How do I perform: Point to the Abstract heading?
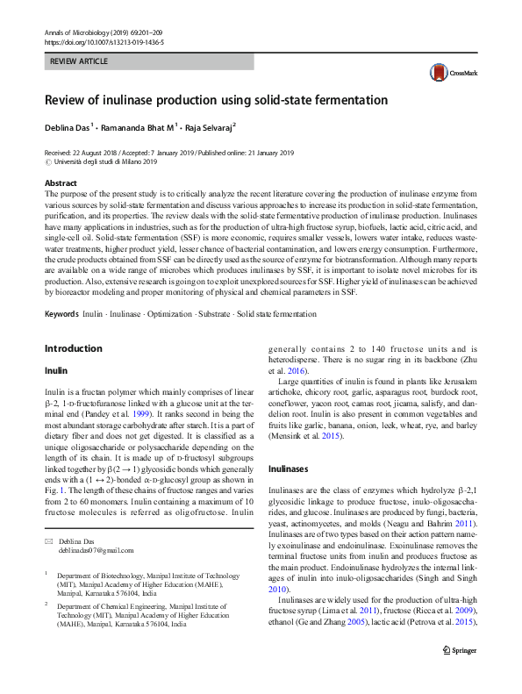(x=61, y=182)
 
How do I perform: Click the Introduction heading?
(x=73, y=348)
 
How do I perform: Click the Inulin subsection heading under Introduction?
(x=54, y=371)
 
